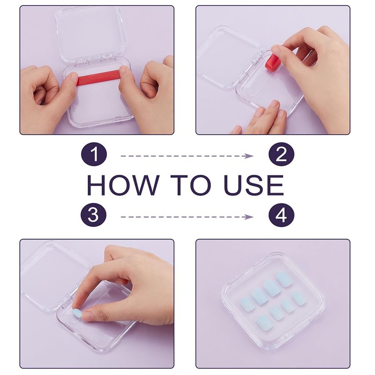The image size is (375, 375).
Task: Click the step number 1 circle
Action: (x=94, y=154)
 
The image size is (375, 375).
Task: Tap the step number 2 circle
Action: (x=281, y=154)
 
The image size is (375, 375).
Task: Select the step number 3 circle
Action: (x=93, y=215)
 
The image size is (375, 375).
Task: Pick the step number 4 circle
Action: (x=281, y=215)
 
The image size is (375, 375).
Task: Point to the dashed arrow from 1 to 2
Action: (x=187, y=156)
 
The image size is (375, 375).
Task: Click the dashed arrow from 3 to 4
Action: (x=187, y=217)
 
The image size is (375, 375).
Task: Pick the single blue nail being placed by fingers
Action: (x=77, y=313)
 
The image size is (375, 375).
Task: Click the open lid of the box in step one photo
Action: (x=90, y=34)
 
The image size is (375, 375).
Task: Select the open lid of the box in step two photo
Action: (x=229, y=57)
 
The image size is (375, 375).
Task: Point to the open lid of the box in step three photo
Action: (x=54, y=275)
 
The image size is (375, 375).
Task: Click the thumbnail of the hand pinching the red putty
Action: (x=276, y=49)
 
